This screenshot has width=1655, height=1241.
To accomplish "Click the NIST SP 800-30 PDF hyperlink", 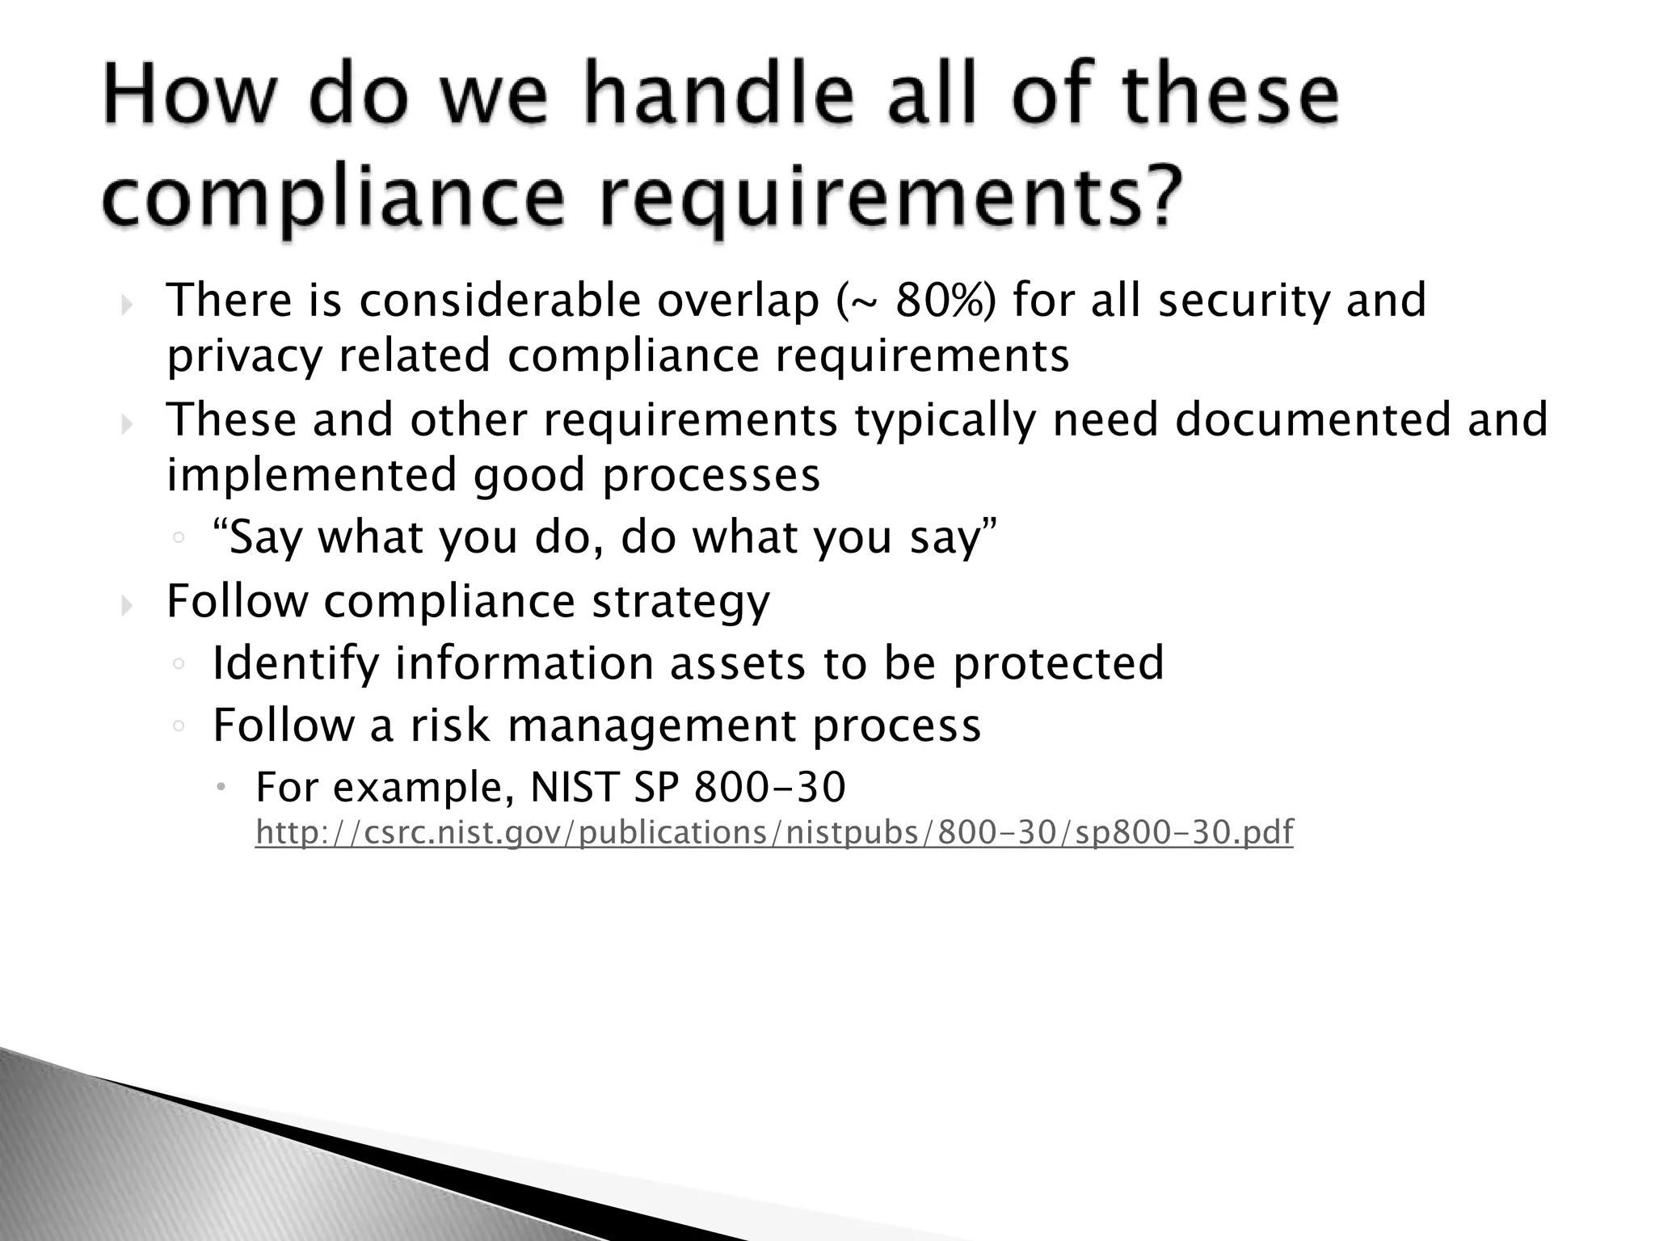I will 774,832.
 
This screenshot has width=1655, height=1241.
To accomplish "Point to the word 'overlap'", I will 738,301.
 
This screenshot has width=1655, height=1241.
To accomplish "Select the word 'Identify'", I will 295,663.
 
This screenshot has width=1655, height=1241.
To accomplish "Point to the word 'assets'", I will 738,663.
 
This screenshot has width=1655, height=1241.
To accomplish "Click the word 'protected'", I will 1059,663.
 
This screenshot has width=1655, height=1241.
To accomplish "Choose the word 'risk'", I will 450,725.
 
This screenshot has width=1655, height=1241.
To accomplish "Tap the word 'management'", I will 651,725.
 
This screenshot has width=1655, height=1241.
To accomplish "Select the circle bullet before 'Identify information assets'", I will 179,664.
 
